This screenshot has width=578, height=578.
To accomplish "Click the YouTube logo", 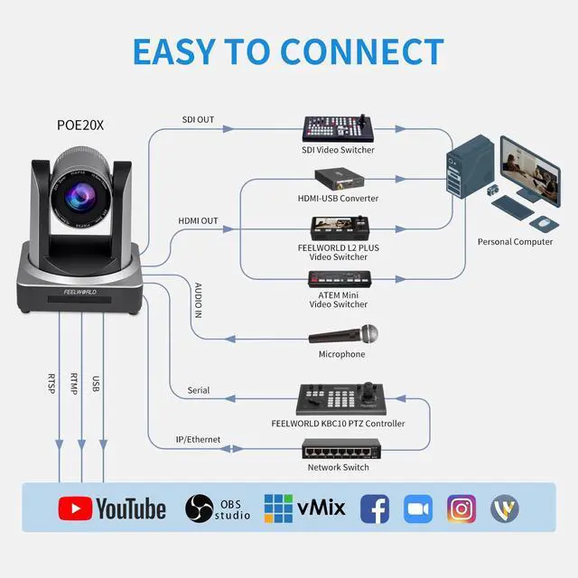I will click(112, 508).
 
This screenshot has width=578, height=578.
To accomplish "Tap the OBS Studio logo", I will click(218, 508).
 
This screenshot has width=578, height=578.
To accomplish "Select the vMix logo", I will click(304, 508).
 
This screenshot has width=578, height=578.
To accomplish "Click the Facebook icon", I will click(375, 508).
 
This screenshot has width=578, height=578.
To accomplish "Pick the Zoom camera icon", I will click(418, 508).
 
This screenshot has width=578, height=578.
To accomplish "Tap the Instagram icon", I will click(461, 508).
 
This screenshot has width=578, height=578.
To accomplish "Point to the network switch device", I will click(337, 449).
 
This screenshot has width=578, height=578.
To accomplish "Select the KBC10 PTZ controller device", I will click(337, 399).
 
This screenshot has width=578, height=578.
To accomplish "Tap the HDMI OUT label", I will click(199, 220).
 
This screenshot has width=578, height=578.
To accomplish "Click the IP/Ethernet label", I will click(198, 440).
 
